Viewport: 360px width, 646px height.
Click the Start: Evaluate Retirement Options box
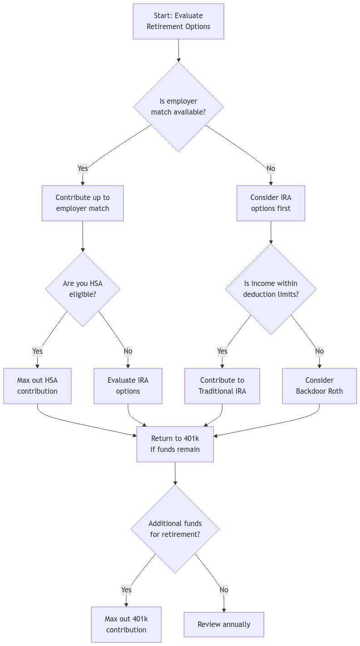tap(178, 21)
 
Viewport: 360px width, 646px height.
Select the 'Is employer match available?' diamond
tap(178, 106)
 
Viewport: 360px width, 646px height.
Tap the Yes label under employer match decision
tap(83, 169)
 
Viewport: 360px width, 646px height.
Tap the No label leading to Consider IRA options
tap(270, 169)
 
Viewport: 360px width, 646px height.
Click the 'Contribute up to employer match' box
tap(83, 203)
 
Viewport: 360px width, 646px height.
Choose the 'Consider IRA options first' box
tap(270, 203)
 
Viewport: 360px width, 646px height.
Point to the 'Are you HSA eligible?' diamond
tap(83, 289)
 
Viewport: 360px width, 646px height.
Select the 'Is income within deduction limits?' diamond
tap(270, 289)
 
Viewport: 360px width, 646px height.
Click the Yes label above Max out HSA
tap(37, 351)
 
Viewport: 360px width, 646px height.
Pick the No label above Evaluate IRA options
tap(128, 351)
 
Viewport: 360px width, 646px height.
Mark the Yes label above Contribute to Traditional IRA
tap(222, 351)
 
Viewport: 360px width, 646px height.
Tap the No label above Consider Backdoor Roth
tap(319, 351)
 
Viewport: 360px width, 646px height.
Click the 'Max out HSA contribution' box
tap(37, 386)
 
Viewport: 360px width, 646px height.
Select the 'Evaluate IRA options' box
tap(128, 386)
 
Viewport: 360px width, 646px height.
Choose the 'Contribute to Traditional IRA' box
tap(222, 386)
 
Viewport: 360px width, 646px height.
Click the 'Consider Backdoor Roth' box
tap(319, 386)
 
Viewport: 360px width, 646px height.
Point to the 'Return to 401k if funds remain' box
tap(175, 444)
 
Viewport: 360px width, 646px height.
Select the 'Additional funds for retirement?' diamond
tap(175, 529)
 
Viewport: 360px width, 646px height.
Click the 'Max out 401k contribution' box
tap(126, 625)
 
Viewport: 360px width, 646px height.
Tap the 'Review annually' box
tap(224, 625)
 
